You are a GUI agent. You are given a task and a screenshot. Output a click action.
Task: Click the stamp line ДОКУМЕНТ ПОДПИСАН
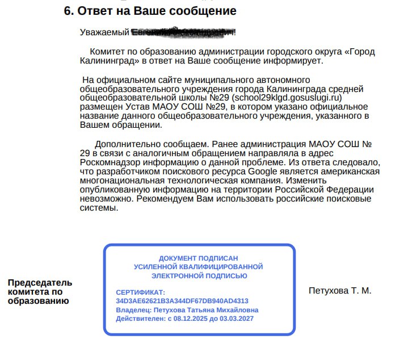198,258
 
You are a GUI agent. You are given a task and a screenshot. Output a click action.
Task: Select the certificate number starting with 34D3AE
182,301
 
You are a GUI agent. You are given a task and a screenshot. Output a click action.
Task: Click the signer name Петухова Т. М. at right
339,291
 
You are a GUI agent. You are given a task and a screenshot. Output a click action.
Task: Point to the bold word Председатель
40,283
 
